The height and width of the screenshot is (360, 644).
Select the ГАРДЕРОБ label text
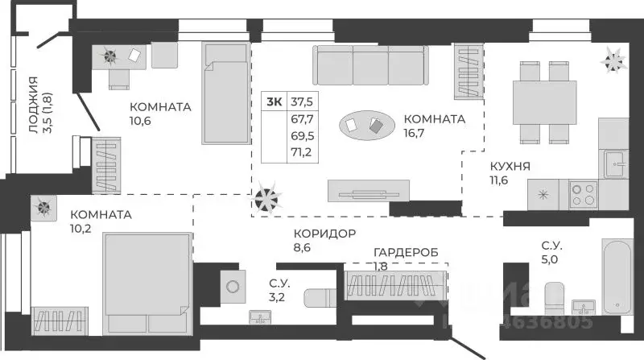(407, 252)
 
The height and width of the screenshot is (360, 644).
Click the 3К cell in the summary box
(275, 101)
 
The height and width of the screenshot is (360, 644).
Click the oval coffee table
(366, 125)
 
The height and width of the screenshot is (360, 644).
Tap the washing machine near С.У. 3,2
(233, 285)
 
